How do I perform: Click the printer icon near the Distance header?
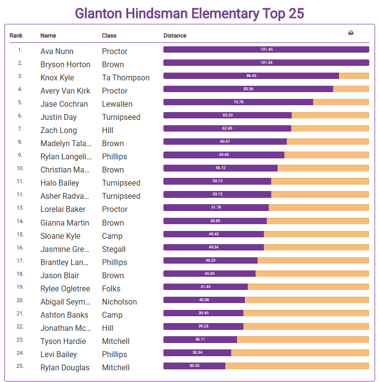351,33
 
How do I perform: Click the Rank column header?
16,36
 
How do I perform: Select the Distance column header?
175,36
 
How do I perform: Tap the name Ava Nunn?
57,51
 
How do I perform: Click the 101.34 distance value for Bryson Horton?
266,63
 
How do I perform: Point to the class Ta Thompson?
126,77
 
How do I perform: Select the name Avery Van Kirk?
65,91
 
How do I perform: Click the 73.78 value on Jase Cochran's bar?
239,102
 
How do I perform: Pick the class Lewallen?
117,104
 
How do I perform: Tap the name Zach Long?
59,130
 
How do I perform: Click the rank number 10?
20,168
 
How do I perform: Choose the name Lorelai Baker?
63,209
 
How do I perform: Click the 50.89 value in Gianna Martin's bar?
216,221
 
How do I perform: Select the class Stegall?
114,249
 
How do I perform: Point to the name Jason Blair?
60,275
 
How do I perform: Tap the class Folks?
111,288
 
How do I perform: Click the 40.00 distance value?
204,300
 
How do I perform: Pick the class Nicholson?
120,302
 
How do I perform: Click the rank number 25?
20,365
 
